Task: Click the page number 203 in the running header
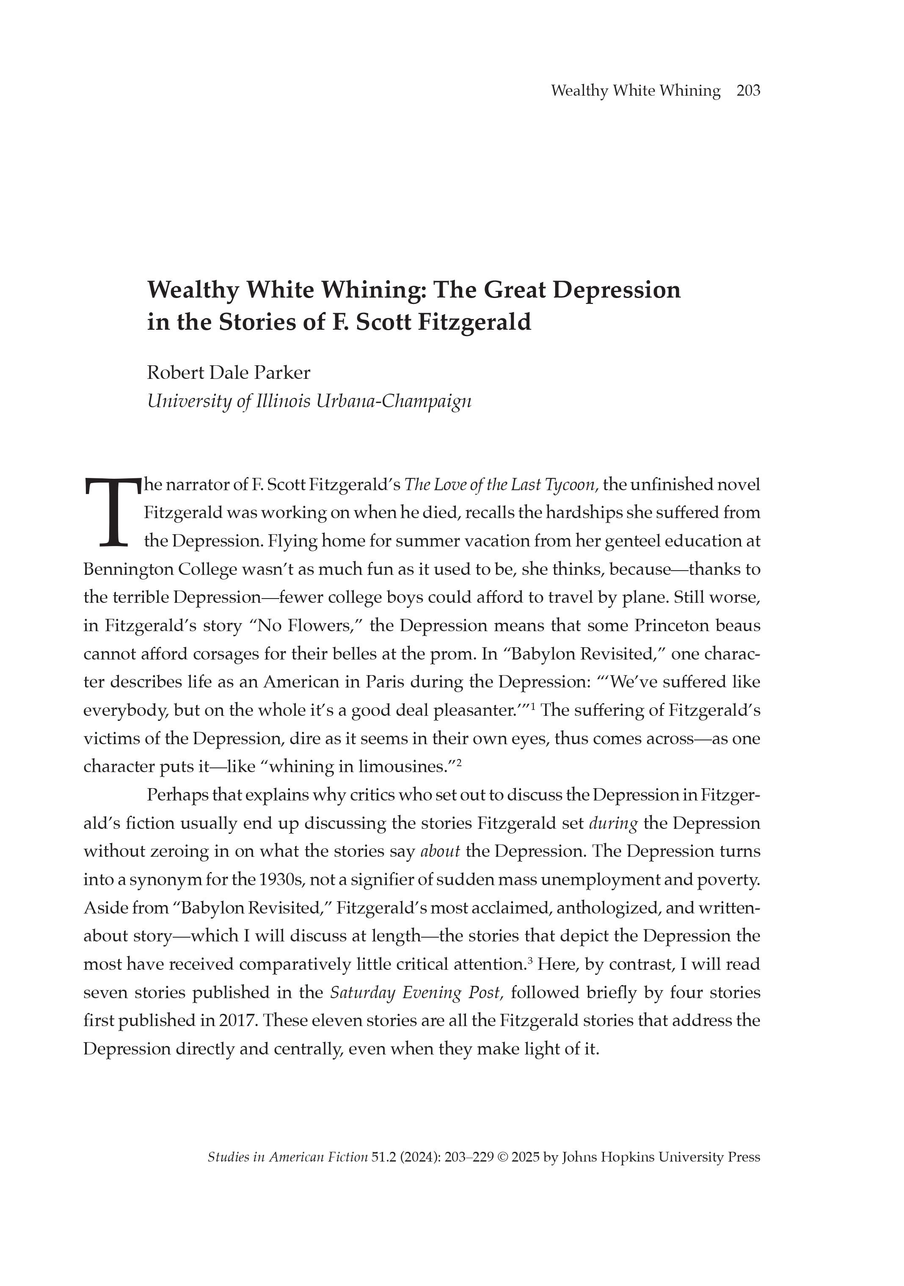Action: [748, 91]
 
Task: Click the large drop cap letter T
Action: [111, 511]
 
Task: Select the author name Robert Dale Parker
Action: [229, 373]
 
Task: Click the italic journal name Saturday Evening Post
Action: [414, 993]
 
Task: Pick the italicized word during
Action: [613, 823]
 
